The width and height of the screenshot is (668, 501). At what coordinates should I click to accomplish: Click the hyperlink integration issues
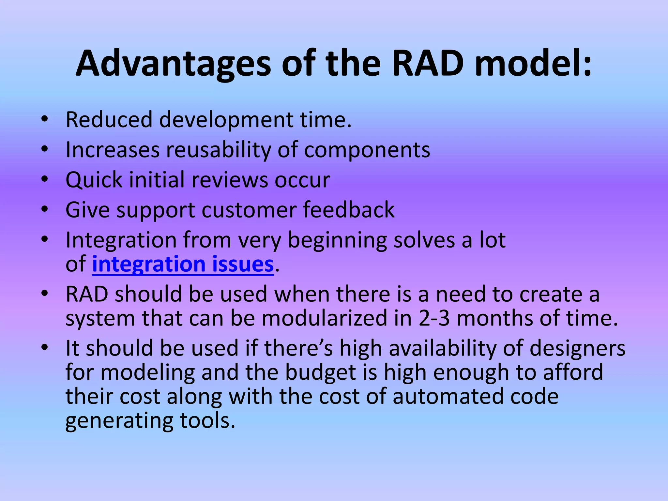coord(183,264)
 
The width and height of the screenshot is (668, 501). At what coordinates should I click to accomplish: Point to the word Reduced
coord(109,119)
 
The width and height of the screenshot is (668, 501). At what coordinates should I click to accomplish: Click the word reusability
coord(219,150)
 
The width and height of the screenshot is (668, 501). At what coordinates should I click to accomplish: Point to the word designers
coord(577,348)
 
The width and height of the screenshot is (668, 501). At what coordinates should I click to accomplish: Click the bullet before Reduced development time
coord(45,119)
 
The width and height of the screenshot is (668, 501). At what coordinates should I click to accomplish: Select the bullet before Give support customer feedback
coord(45,209)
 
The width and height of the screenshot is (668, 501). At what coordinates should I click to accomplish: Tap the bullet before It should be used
coord(45,347)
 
